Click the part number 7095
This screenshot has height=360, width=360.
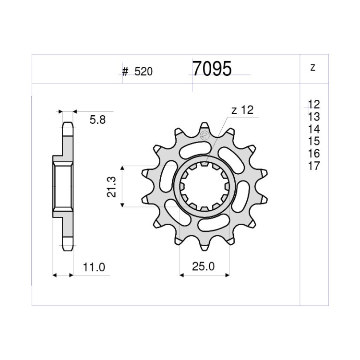point(212,69)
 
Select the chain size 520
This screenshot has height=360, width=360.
point(144,72)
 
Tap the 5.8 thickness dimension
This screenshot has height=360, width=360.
point(97,120)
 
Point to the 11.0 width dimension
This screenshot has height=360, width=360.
point(94,267)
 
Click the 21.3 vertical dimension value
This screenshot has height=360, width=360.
point(111,187)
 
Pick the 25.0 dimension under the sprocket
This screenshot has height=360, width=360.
point(204,266)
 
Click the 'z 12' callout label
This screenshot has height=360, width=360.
point(242,110)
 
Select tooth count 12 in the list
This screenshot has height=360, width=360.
point(314,105)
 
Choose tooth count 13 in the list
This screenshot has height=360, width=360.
point(314,117)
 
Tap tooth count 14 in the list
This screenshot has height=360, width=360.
point(314,129)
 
